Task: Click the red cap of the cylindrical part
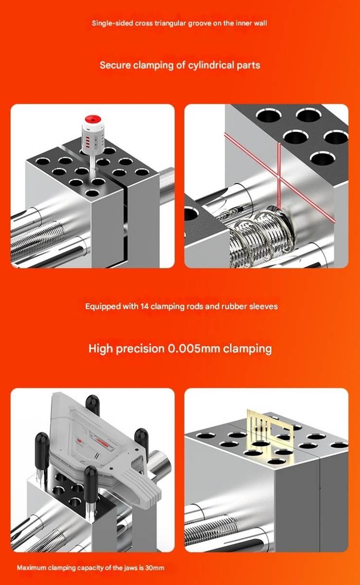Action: point(93,119)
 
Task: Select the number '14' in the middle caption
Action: point(146,306)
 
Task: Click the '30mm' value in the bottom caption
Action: point(154,568)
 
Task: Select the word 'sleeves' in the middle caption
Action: point(262,306)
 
